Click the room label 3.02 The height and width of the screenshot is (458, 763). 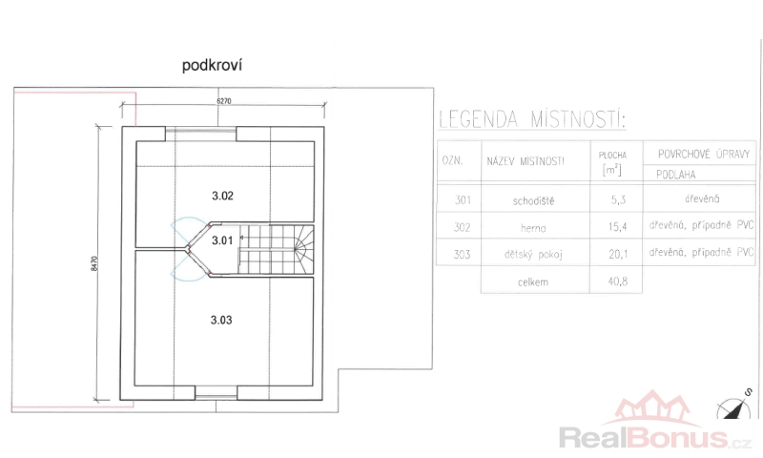click(222, 196)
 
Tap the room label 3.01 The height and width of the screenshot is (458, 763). click(222, 240)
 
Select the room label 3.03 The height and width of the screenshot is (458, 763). click(221, 320)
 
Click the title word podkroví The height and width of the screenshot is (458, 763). click(212, 66)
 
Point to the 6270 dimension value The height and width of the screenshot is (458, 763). click(224, 101)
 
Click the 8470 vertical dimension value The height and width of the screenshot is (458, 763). click(93, 263)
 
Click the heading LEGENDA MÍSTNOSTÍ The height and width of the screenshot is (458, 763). click(532, 119)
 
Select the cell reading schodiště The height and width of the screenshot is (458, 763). click(533, 200)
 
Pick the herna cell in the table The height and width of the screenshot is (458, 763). click(533, 228)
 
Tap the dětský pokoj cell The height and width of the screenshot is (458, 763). click(533, 255)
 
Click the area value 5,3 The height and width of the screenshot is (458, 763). click(618, 200)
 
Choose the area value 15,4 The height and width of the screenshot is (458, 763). click(617, 227)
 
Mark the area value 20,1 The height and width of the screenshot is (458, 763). click(618, 254)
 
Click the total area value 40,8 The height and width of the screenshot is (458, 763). click(617, 281)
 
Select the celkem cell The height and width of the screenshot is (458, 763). click(533, 282)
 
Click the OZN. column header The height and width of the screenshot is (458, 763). click(452, 161)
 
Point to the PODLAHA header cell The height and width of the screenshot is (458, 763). click(676, 175)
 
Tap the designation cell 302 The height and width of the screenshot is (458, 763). click(463, 228)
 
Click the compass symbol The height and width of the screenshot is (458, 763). click(734, 406)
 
